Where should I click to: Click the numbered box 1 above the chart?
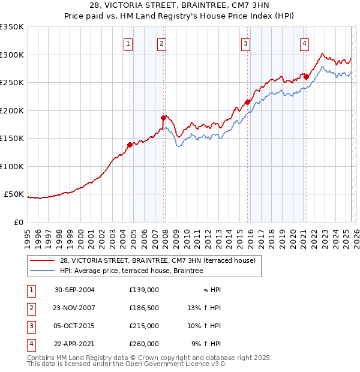point(128,43)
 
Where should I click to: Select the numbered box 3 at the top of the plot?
point(246,43)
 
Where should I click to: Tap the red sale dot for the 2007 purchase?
point(163,118)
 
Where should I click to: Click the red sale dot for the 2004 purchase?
point(130,144)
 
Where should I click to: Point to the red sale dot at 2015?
point(247,102)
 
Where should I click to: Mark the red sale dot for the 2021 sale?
point(306,76)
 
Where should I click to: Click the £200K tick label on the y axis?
point(12,110)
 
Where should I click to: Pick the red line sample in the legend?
point(43,260)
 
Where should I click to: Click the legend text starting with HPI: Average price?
point(131,271)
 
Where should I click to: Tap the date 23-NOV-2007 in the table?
point(74,308)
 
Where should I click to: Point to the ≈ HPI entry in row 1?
point(211,290)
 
